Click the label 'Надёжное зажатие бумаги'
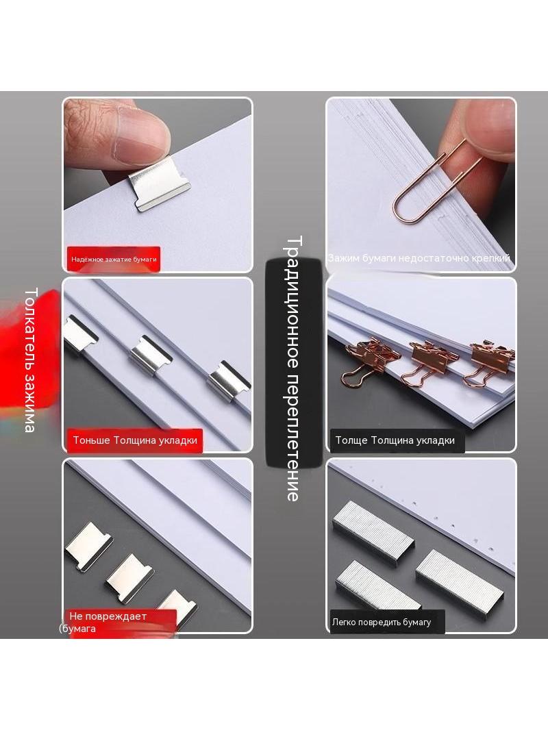[x=114, y=260]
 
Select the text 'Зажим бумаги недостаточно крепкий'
[x=419, y=257]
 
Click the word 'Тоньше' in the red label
[x=91, y=440]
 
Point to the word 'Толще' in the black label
[x=351, y=440]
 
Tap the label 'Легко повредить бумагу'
[x=382, y=622]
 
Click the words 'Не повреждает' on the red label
[x=108, y=616]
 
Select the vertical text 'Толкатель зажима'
[x=30, y=360]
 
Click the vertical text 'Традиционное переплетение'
[x=293, y=368]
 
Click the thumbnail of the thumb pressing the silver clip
[x=158, y=185]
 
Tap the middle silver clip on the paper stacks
[x=150, y=357]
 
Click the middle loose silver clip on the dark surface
[x=129, y=577]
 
